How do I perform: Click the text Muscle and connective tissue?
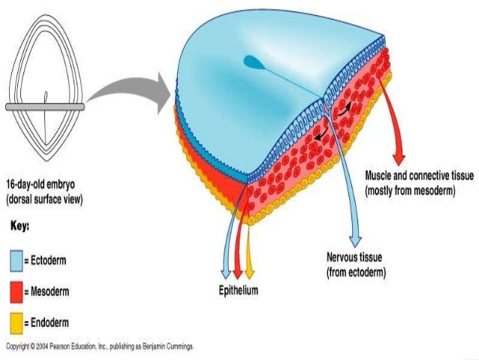coord(419,175)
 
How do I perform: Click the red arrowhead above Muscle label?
coord(399,156)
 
